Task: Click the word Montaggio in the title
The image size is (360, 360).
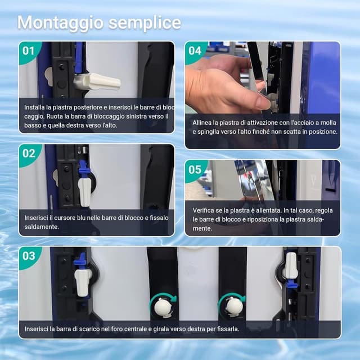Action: [x=61, y=23]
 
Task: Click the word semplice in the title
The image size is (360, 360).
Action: [x=145, y=23]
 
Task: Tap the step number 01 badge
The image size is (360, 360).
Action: [x=29, y=51]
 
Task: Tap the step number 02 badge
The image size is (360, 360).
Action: [x=29, y=154]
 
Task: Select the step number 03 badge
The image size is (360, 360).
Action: [x=29, y=256]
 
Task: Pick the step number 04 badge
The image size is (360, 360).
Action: [x=195, y=51]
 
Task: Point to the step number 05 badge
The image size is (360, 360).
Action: [x=195, y=170]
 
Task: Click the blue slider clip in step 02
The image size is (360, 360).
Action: [x=83, y=168]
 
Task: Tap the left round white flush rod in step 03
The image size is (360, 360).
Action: [x=162, y=308]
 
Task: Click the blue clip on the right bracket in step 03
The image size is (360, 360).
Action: [x=292, y=285]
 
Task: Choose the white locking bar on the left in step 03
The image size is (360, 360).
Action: [x=83, y=283]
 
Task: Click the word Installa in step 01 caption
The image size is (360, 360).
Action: [x=34, y=107]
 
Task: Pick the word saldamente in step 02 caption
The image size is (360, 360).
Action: [x=42, y=227]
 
